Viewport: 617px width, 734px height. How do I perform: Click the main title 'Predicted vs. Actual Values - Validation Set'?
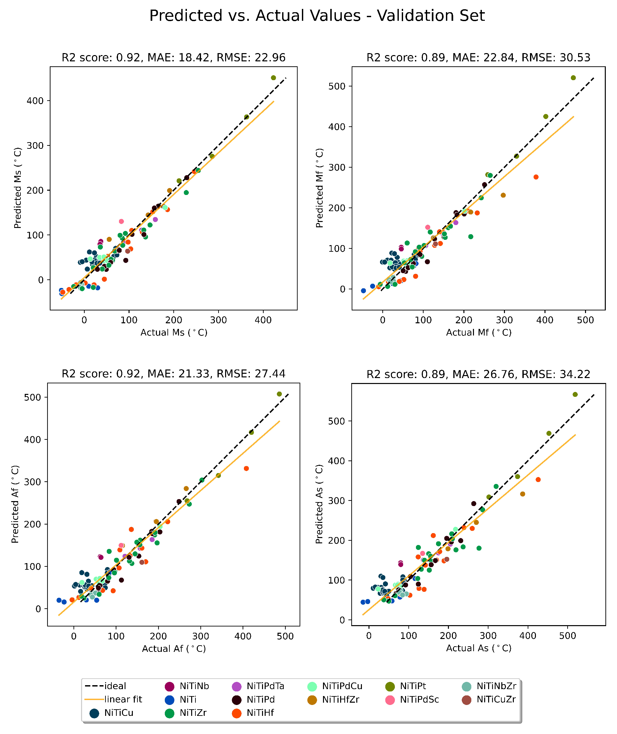(317, 16)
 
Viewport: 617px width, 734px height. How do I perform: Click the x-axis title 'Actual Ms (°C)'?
(174, 333)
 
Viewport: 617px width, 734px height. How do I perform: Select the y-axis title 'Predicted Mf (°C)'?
(319, 188)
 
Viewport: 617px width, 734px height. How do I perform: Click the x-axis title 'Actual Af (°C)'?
(174, 649)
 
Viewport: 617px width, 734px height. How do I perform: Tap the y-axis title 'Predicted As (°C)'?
(319, 504)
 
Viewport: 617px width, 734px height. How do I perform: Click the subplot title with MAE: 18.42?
(173, 57)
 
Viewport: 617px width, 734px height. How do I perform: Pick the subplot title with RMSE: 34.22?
(478, 374)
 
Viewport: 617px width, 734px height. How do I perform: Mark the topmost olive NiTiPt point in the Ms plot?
(274, 78)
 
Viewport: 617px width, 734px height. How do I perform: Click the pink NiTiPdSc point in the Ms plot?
(121, 221)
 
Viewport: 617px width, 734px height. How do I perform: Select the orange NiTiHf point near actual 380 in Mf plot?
(536, 177)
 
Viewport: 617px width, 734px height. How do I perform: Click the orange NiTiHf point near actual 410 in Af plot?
(246, 468)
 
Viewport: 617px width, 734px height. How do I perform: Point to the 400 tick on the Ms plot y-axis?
(35, 101)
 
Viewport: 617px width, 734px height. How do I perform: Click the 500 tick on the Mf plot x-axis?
(585, 320)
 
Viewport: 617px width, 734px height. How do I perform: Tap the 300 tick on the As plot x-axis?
(488, 636)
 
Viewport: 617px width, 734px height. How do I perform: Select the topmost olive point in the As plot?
(575, 395)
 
